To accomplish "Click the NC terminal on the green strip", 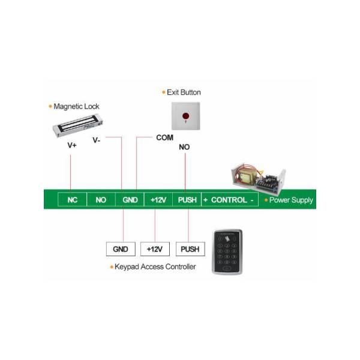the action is tap(73, 200).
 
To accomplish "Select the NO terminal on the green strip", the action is tap(101, 200).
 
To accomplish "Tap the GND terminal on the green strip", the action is tap(130, 200).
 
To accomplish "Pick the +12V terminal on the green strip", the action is tap(158, 200).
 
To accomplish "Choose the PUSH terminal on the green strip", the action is tap(187, 200).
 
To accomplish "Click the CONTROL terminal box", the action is tap(230, 200).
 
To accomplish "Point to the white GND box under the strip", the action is tap(121, 249).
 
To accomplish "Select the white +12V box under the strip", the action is tap(155, 249).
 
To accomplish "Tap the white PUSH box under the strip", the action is tap(190, 249).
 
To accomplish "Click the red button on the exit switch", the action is tap(186, 116).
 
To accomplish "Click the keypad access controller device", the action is tap(227, 252).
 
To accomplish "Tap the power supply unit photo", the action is tap(258, 178).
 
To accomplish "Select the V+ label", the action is tap(72, 145).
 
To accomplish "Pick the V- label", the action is tap(97, 140).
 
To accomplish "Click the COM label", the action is tap(165, 137).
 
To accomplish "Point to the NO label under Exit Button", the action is tap(184, 147).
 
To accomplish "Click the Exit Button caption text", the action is tap(184, 92).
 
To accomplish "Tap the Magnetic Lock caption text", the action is tap(76, 107).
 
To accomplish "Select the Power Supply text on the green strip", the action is tap(291, 200).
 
